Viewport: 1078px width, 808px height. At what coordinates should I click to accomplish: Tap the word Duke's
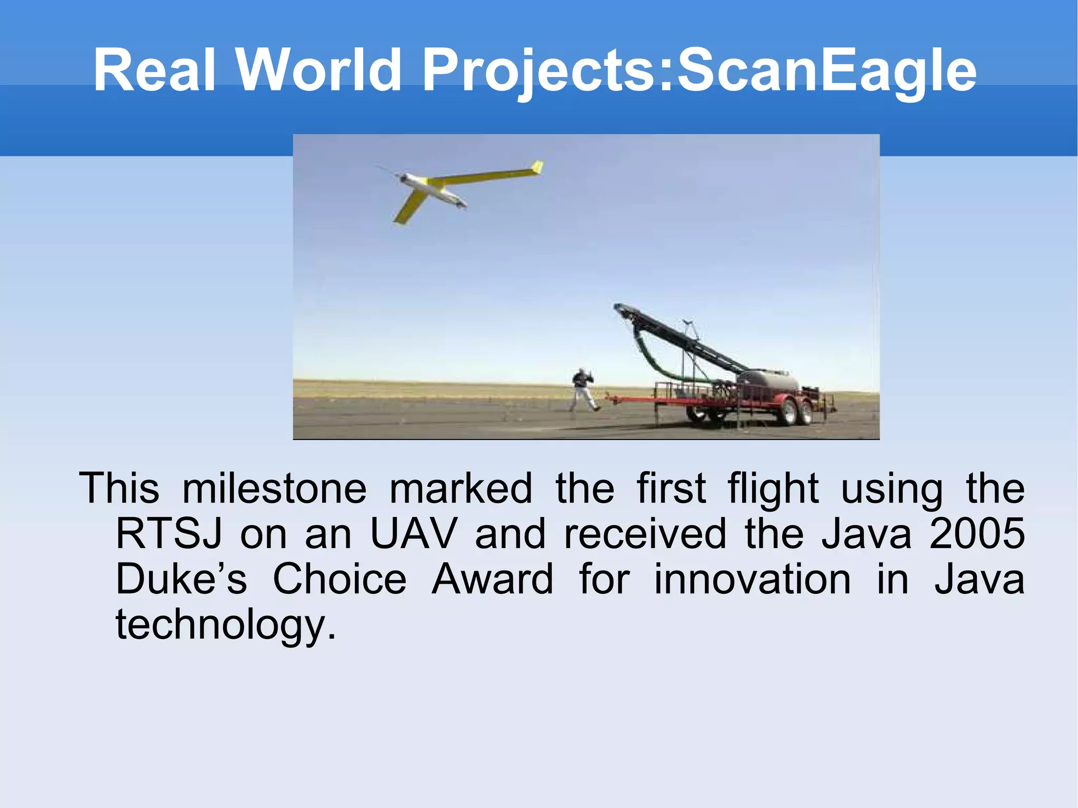pyautogui.click(x=181, y=580)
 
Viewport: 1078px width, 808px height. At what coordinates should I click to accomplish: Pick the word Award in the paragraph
pyautogui.click(x=492, y=580)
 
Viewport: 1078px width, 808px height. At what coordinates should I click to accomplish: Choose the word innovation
pyautogui.click(x=752, y=580)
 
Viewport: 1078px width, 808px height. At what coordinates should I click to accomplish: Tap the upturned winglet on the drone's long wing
pyautogui.click(x=537, y=167)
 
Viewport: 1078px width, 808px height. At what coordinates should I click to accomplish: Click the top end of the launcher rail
pyautogui.click(x=619, y=307)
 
